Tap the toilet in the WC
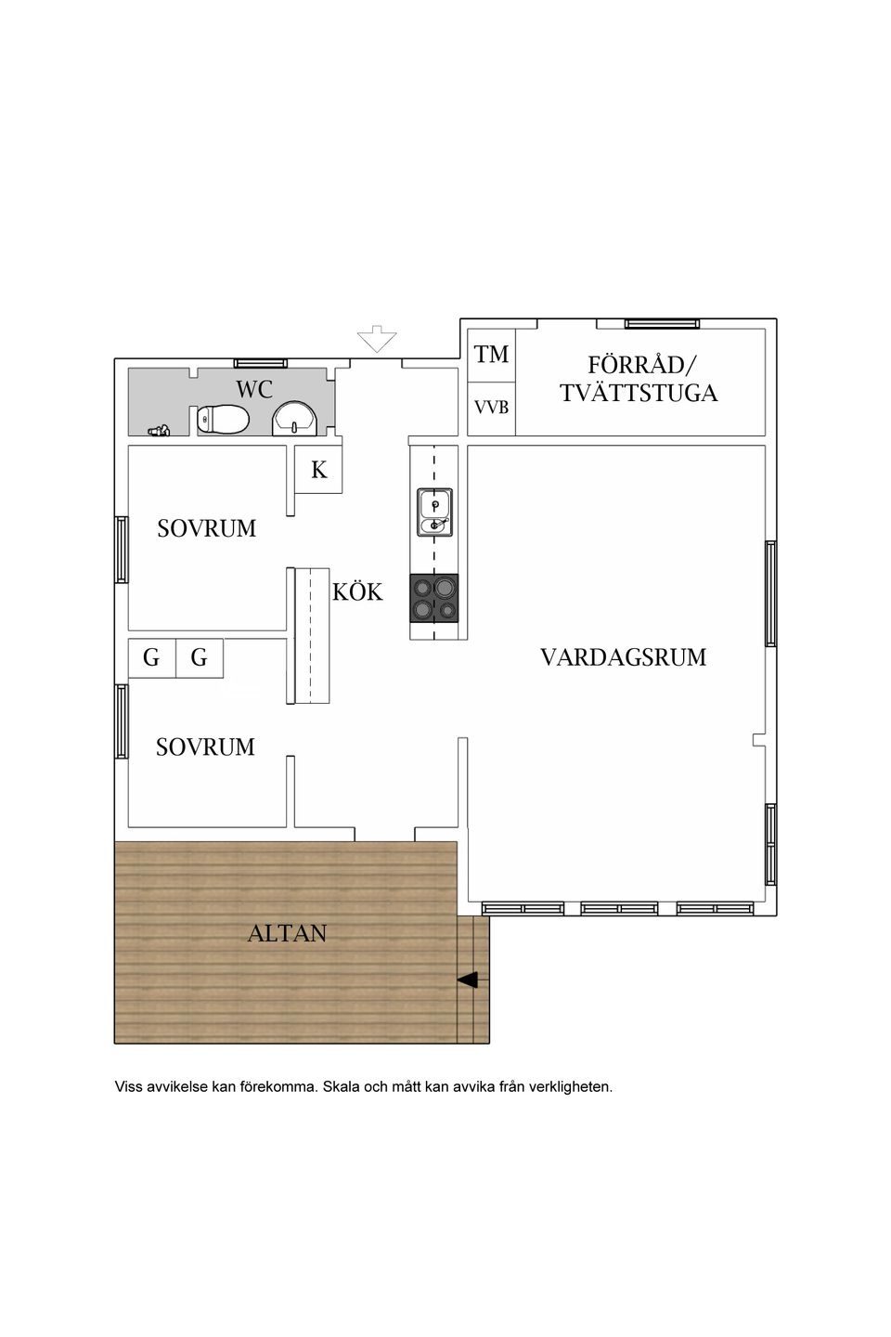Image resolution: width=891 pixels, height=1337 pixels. click(223, 420)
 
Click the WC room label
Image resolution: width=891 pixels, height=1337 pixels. click(253, 389)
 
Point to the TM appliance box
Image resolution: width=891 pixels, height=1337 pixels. click(491, 354)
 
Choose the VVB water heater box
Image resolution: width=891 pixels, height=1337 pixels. click(491, 407)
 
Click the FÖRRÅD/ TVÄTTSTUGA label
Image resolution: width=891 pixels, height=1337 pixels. click(639, 379)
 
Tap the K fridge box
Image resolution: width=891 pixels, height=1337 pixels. click(318, 470)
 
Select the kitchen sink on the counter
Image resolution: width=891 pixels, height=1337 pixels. click(434, 513)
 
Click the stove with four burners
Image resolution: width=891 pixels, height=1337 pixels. click(434, 597)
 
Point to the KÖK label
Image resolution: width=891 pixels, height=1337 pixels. click(357, 591)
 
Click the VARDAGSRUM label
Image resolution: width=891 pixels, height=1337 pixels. click(623, 657)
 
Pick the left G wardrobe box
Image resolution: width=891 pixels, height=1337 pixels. click(151, 658)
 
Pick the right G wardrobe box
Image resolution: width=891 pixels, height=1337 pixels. click(199, 658)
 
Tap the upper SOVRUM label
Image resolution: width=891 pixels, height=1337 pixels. click(206, 528)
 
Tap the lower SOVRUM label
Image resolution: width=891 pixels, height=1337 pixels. click(205, 746)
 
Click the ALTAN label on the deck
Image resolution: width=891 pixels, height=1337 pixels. click(287, 933)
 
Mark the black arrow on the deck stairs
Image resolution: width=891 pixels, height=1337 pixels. click(468, 980)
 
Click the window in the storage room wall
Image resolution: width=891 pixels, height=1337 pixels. click(662, 323)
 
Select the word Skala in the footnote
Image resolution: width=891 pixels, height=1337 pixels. click(340, 1086)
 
